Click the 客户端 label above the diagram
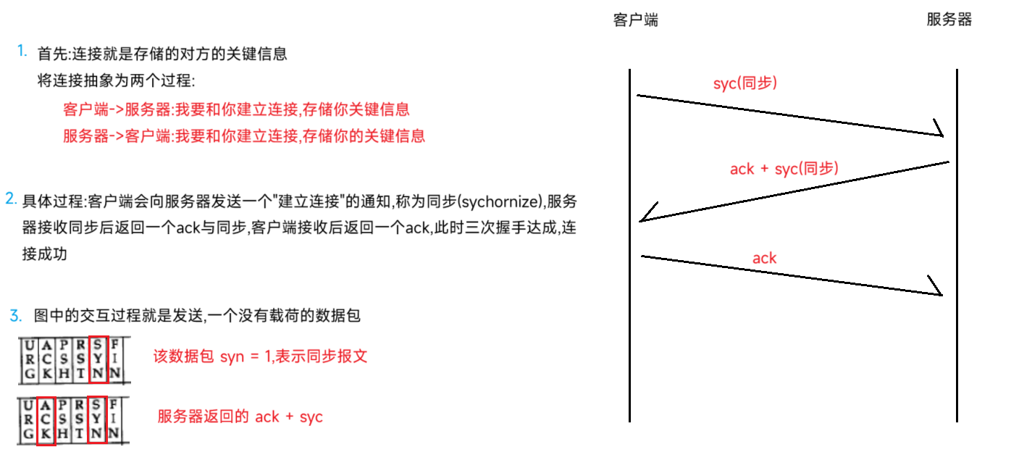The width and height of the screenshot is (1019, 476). coord(635,20)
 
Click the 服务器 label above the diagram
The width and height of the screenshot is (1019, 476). coord(949,20)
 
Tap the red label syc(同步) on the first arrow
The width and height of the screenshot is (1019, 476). coord(745,83)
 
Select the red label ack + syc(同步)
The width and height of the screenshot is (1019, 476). coord(784,169)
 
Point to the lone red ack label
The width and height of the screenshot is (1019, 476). coord(764,258)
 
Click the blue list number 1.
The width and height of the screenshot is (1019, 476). coord(22,51)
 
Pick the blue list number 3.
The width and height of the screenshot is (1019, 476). coord(16,315)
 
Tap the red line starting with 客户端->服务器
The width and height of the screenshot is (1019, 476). coord(236,109)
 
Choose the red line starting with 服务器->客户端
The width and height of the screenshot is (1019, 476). coord(243,135)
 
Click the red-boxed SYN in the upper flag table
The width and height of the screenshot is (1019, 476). coord(97,359)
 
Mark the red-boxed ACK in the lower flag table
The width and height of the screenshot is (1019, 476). coord(46,420)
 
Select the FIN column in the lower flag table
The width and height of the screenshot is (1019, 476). coord(114,420)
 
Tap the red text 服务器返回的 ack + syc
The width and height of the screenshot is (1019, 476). coord(240,417)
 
